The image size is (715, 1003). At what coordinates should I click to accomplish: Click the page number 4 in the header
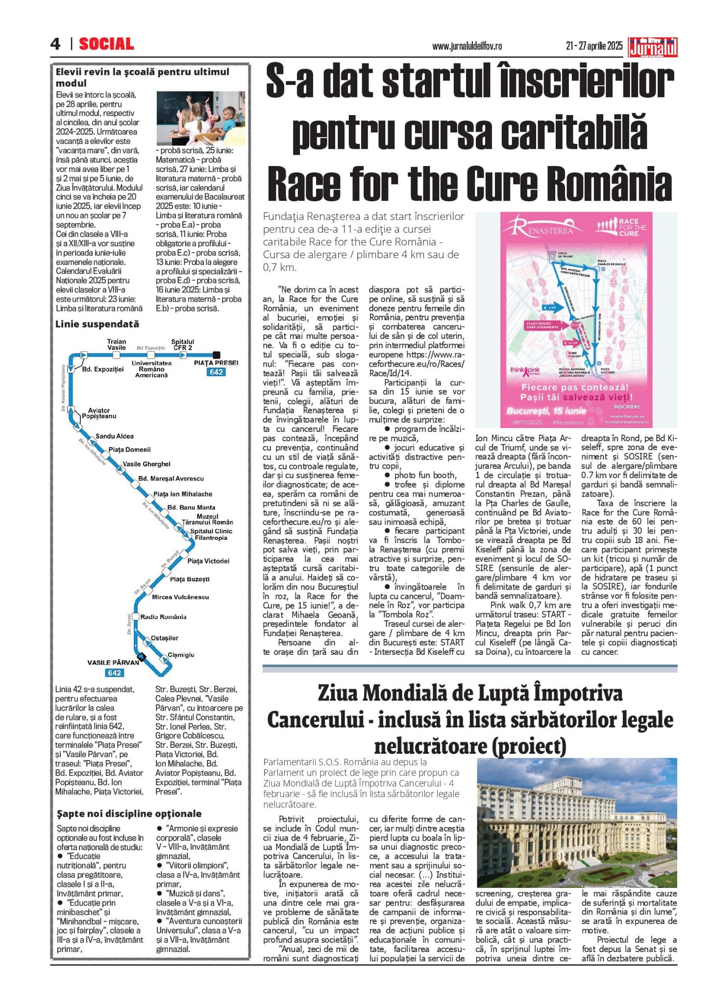(x=55, y=44)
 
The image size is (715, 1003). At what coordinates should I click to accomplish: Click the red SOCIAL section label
(x=106, y=44)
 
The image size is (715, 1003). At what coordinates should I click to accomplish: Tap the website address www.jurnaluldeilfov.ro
(x=467, y=46)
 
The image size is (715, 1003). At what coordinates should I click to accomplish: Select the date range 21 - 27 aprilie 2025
(x=594, y=46)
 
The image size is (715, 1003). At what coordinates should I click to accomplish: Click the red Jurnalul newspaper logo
(x=653, y=48)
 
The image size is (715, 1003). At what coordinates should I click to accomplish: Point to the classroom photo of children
(x=200, y=118)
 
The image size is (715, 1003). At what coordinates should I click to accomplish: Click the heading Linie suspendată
(x=97, y=324)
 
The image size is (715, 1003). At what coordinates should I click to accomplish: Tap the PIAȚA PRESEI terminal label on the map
(x=216, y=363)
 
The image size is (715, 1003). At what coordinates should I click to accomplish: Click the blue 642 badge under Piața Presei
(x=216, y=372)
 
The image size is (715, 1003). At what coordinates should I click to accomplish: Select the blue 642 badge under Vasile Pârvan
(x=114, y=673)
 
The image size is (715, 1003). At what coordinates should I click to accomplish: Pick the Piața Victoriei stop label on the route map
(x=208, y=561)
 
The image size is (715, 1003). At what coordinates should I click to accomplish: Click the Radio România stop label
(x=163, y=617)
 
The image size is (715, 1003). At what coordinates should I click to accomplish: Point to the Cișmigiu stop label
(x=181, y=655)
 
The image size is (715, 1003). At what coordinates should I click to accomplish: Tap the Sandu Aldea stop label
(x=115, y=436)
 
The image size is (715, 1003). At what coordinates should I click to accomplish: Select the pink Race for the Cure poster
(x=576, y=319)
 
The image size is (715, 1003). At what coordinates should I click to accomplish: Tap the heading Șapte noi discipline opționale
(x=129, y=813)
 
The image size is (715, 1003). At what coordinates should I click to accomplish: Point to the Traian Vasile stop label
(x=117, y=344)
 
